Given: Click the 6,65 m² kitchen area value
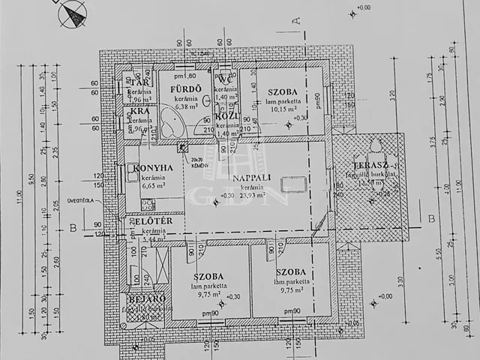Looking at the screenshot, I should point(154,184).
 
